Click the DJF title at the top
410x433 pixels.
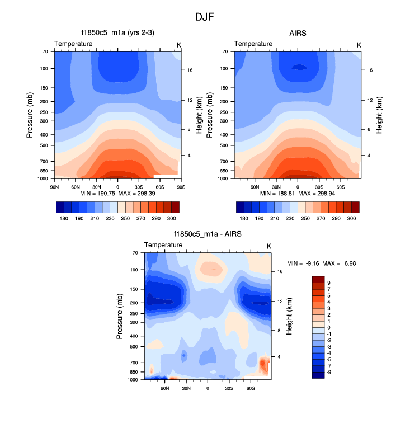204,17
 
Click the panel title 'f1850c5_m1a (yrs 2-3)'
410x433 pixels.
117,33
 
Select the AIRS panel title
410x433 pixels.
298,33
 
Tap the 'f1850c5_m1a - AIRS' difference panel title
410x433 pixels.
208,234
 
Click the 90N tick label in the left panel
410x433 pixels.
55,185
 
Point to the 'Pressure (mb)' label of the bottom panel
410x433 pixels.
120,316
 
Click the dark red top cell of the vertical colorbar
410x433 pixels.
318,279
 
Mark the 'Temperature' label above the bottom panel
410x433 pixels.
163,245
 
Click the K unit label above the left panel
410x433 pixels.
179,44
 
